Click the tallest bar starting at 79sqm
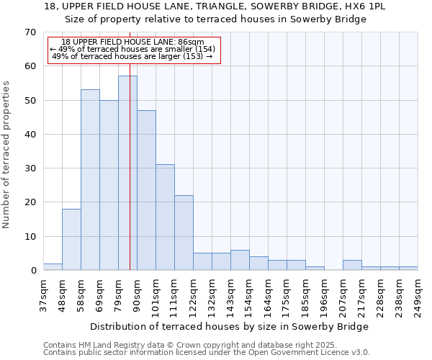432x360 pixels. [x=127, y=173]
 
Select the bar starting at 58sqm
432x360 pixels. [x=90, y=180]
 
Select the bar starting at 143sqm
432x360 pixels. [x=240, y=260]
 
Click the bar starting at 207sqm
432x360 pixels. [x=352, y=265]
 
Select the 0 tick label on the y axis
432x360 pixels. [x=32, y=271]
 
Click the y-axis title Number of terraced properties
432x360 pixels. [x=7, y=155]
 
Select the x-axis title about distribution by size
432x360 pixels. [x=230, y=326]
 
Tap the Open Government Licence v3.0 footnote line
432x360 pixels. [x=207, y=353]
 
